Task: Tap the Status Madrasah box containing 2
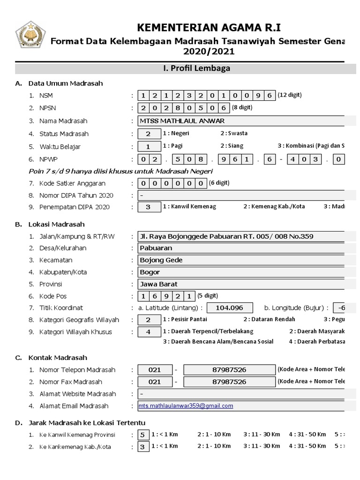[148, 134]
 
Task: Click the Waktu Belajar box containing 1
[148, 146]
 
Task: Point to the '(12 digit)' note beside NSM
[290, 95]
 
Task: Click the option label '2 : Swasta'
[234, 134]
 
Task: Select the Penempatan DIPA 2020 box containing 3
[148, 207]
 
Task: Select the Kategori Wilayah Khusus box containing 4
[148, 332]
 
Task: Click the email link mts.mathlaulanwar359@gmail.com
[186, 406]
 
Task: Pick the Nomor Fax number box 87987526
[229, 382]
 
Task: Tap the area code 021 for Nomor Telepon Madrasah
[154, 370]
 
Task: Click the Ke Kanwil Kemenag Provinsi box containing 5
[142, 435]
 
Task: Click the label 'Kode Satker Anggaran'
[73, 183]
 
